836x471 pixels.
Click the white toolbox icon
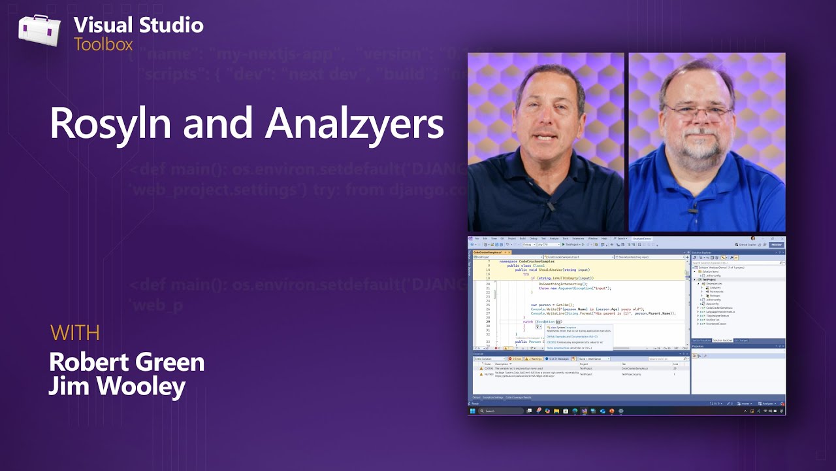pos(39,31)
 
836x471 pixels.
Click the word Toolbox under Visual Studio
pos(103,44)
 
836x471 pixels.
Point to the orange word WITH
pos(75,333)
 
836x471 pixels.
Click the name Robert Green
pos(127,362)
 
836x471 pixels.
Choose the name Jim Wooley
pos(117,386)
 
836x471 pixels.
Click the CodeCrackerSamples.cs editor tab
pos(488,252)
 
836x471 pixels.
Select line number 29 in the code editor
pos(489,322)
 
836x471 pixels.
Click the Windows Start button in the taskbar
pos(473,411)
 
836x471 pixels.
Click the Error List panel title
pos(478,354)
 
